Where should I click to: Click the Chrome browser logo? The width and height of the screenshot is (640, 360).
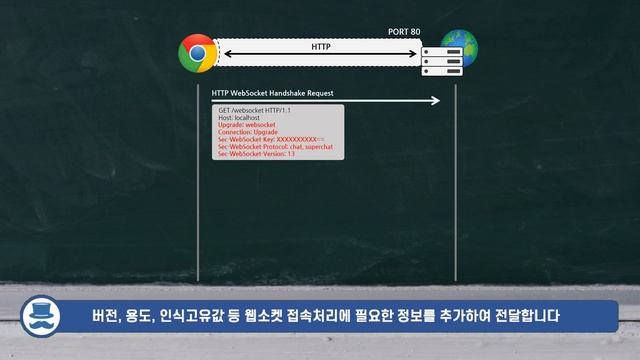(x=197, y=52)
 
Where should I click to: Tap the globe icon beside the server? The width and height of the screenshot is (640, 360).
(x=461, y=48)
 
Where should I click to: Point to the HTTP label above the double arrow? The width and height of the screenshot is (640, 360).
(x=321, y=46)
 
